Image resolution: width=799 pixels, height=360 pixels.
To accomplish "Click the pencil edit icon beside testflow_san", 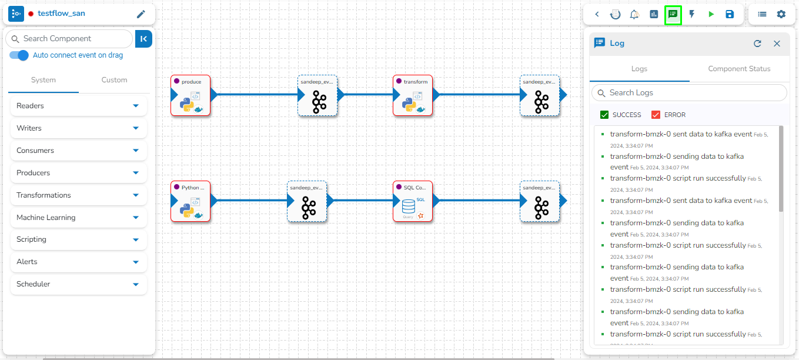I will click(141, 14).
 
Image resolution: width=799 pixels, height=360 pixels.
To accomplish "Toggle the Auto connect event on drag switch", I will click(19, 55).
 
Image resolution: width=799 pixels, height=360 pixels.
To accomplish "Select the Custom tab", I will click(114, 80).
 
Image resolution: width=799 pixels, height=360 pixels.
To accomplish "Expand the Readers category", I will click(79, 106).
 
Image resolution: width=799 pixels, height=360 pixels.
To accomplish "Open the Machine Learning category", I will click(79, 218).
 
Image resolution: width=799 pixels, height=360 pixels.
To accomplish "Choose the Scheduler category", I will click(79, 284).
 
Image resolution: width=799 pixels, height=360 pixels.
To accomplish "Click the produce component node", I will click(190, 95).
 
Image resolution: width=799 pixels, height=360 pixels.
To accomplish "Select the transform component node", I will click(413, 95).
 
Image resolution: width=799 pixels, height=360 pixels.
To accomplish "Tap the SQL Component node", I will click(413, 201).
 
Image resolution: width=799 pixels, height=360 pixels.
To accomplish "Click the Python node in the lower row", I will click(190, 201).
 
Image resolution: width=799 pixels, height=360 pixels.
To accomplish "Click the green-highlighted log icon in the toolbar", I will click(673, 14).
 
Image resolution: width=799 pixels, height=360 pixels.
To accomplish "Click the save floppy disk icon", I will click(730, 14).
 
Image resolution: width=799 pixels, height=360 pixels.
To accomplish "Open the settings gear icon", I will click(781, 14).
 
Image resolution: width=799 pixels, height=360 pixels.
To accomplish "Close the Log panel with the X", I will click(777, 44).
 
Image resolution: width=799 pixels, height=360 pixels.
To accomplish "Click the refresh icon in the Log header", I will click(757, 44).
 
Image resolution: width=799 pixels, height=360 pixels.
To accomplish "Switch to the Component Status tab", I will click(739, 69).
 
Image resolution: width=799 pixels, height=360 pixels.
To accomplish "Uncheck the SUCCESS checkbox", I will click(604, 115).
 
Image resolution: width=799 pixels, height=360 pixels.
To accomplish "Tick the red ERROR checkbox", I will click(656, 115).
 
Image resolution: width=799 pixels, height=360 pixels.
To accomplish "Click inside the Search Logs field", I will click(694, 93).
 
